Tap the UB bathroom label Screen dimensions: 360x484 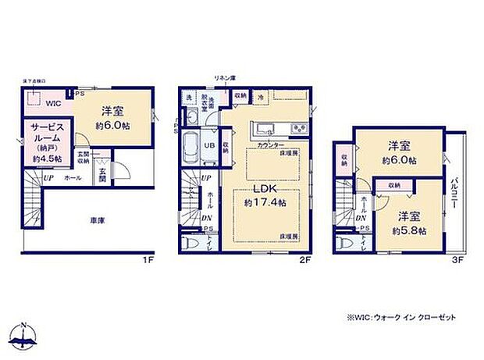pos(209,145)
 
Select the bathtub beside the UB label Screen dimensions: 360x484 pos(191,145)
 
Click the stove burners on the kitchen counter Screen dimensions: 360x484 pos(299,129)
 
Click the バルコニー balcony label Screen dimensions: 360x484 pos(454,199)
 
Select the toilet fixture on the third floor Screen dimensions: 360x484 pos(347,244)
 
